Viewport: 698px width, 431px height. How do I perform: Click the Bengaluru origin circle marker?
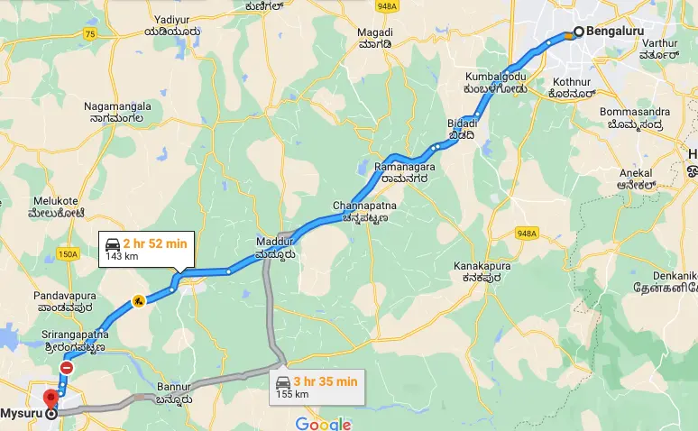coord(579,33)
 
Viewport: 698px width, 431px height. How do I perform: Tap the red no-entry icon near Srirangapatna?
coord(67,368)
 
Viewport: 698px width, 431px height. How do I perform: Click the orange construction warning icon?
coord(139,301)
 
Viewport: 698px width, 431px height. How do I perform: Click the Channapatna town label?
coord(364,211)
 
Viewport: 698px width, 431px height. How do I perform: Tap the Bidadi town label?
coord(460,128)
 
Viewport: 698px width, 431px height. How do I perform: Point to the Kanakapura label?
coord(482,273)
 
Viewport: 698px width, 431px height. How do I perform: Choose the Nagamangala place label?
coord(117,112)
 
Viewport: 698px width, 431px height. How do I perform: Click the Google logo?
coord(322,423)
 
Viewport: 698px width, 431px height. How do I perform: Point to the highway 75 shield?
coord(89,33)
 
